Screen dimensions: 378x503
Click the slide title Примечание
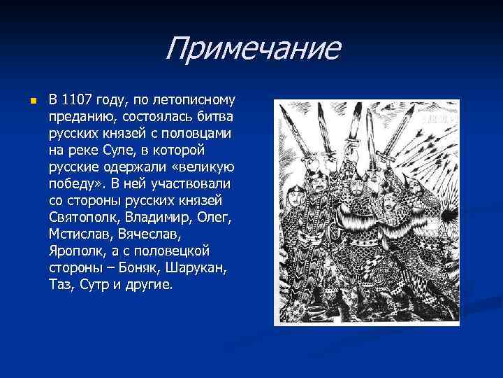point(252,49)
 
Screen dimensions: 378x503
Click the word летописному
point(193,99)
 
